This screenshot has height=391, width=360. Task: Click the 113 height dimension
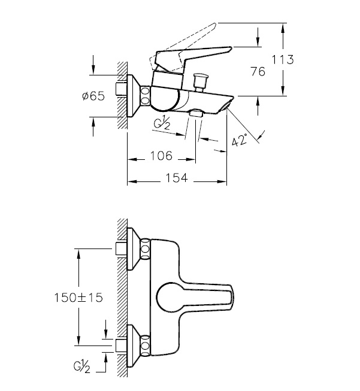point(282,60)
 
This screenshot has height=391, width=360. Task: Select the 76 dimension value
point(258,72)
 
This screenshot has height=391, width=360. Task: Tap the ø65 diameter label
point(93,96)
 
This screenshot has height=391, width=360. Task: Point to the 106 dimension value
point(161,156)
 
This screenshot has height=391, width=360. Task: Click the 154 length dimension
point(177,178)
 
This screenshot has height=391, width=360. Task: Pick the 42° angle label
point(240,140)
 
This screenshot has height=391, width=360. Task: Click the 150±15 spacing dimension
point(78,298)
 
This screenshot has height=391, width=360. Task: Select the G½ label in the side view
point(162,123)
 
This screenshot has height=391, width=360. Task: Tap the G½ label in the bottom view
point(82,367)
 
